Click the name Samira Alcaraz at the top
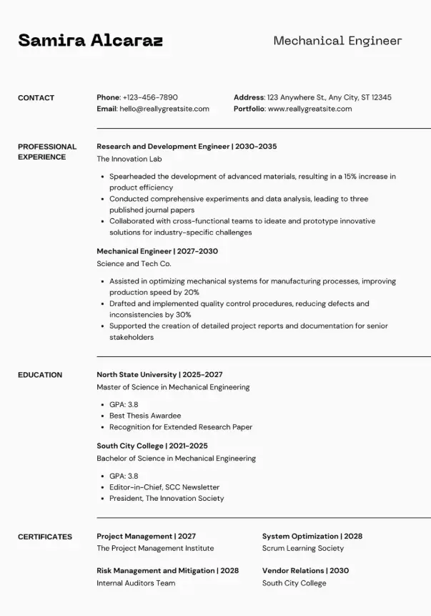point(90,41)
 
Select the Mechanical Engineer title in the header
point(337,41)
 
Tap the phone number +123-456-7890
point(150,97)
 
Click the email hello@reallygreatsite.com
point(164,109)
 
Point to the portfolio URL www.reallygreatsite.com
point(309,109)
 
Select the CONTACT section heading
point(36,98)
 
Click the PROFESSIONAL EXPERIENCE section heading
point(47,152)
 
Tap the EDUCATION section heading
point(40,375)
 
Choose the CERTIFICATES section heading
point(45,537)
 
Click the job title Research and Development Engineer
point(163,147)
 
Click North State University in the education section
point(137,374)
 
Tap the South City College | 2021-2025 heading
point(152,446)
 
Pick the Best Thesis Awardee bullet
point(145,416)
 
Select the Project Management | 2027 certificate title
point(146,536)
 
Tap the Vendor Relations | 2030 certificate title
point(305,571)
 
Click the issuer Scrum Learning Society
point(302,548)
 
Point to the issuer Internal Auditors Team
point(136,583)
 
